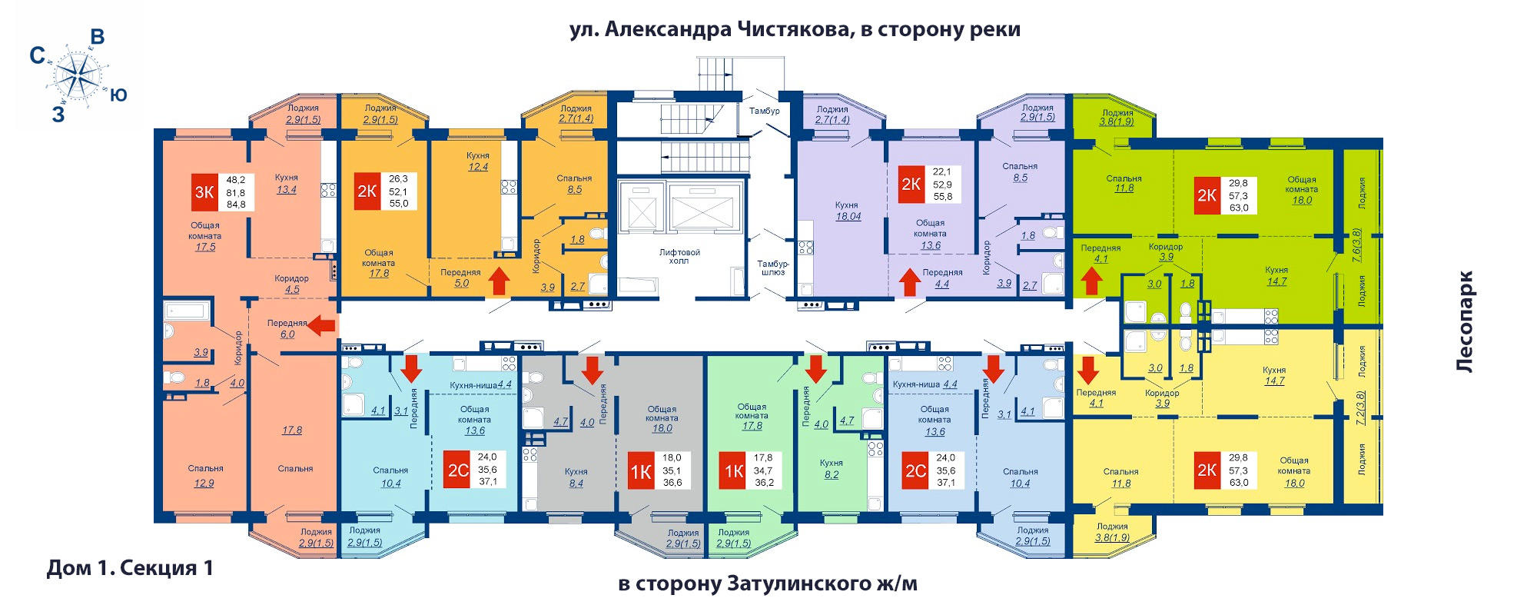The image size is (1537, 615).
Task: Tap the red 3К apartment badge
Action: [x=204, y=192]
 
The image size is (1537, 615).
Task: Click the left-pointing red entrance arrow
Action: [x=321, y=326]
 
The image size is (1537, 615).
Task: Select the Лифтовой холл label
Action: [x=679, y=256]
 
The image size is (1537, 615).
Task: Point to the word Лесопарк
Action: [x=1466, y=321]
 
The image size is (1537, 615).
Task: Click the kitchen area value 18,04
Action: [x=848, y=217]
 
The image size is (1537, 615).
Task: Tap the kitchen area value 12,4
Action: [x=478, y=167]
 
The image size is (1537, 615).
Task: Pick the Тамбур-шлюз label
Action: [x=772, y=268]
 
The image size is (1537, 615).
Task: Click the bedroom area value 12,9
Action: [x=204, y=484]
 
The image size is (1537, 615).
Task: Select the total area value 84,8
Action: [x=236, y=204]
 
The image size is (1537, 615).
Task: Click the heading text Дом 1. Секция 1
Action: [x=130, y=568]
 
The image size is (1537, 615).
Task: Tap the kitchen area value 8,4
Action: [x=576, y=484]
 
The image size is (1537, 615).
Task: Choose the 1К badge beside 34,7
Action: [x=733, y=470]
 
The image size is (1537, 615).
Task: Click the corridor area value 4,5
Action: [x=292, y=290]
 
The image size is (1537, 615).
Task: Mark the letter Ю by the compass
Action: [x=118, y=95]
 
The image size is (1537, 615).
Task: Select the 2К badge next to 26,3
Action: [x=367, y=191]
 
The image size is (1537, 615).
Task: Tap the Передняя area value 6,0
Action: [x=287, y=334]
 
